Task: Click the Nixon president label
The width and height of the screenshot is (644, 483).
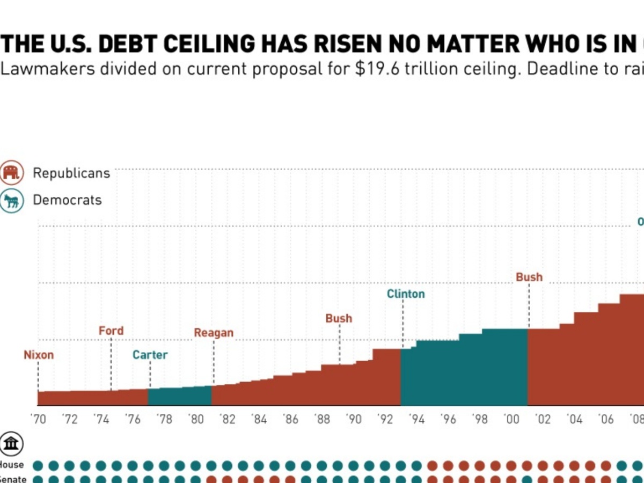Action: click(39, 355)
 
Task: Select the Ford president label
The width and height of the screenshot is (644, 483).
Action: click(111, 331)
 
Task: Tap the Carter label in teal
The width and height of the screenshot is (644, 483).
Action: click(150, 355)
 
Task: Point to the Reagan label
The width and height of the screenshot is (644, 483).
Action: click(214, 333)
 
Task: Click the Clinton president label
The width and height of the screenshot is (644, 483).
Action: click(406, 294)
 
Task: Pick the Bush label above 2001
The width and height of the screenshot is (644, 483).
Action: click(529, 277)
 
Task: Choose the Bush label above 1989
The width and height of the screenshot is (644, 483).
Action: click(339, 319)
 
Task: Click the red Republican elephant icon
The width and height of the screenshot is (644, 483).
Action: click(12, 173)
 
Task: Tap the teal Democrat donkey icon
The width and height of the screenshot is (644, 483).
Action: click(12, 201)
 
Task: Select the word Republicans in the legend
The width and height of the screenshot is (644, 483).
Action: click(71, 173)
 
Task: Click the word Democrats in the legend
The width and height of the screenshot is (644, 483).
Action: click(67, 200)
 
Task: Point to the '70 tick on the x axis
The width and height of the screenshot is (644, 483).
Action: click(39, 419)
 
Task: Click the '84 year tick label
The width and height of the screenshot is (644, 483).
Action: click(259, 419)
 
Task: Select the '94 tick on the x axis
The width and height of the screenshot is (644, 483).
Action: click(416, 419)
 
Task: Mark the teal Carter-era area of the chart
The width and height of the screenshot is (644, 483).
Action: click(180, 397)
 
